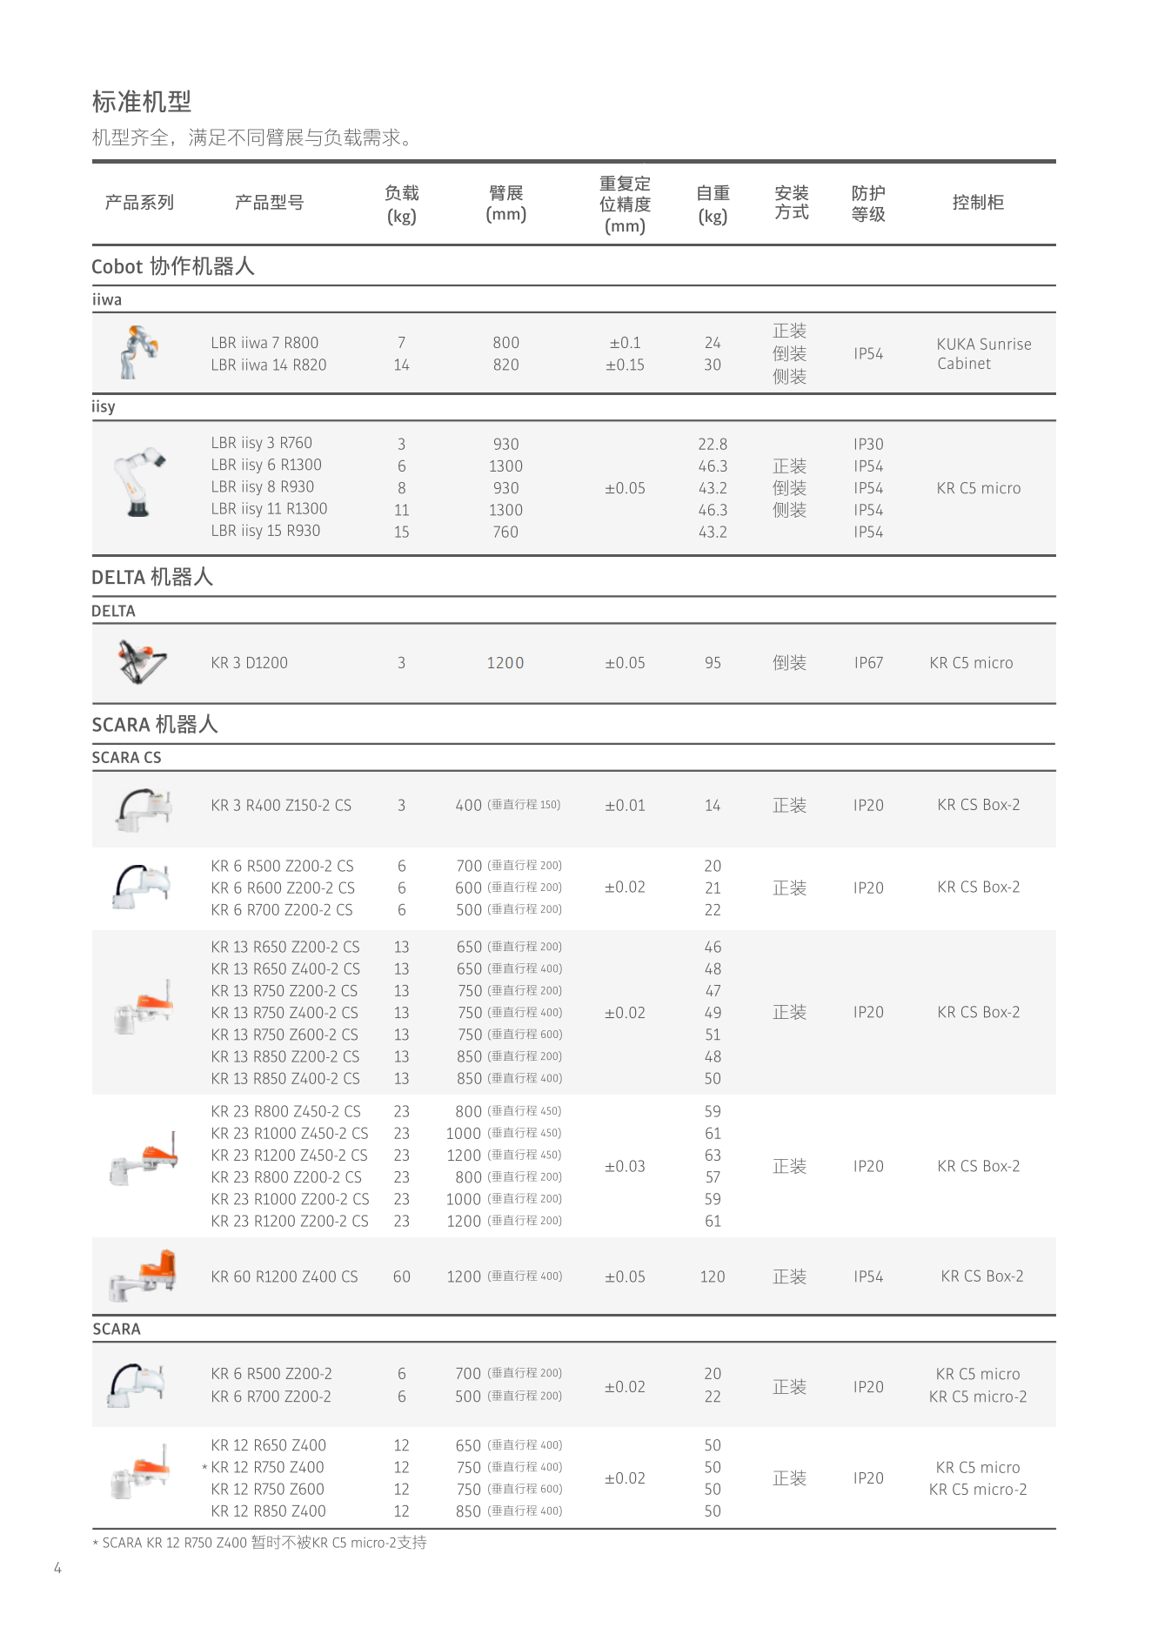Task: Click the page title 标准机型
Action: [142, 102]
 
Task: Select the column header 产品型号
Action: [269, 203]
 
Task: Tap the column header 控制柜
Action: [978, 203]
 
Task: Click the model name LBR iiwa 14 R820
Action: [268, 365]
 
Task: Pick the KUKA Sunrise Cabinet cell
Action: [983, 354]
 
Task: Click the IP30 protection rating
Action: [867, 445]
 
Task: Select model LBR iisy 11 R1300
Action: [269, 509]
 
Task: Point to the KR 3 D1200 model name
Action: [249, 663]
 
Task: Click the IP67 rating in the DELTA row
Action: [867, 663]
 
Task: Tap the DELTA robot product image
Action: [142, 661]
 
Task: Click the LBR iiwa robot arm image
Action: [138, 352]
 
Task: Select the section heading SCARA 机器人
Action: [155, 725]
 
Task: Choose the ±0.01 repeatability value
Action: [625, 806]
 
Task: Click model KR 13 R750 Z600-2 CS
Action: [284, 1035]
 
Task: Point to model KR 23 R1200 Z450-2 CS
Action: [289, 1156]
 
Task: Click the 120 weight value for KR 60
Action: [712, 1276]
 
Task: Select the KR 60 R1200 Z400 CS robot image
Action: [144, 1275]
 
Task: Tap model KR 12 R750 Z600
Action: [267, 1490]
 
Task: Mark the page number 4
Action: [57, 1568]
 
